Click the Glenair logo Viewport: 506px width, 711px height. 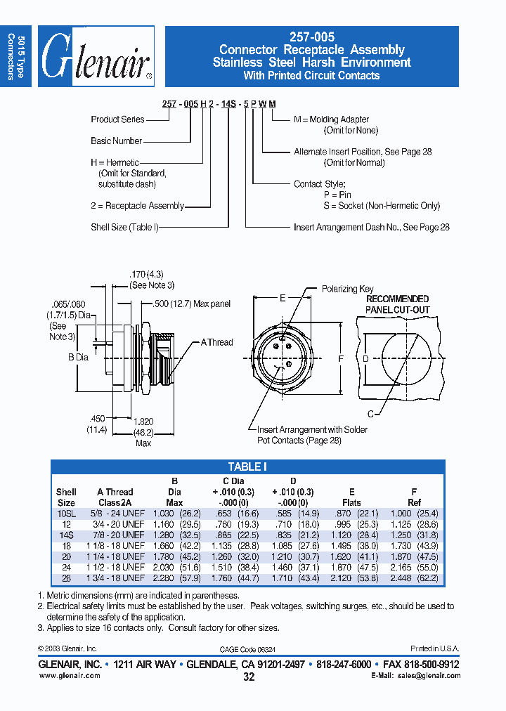pyautogui.click(x=96, y=56)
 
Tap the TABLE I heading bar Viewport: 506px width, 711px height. pyautogui.click(x=247, y=467)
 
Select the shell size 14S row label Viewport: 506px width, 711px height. pyautogui.click(x=66, y=535)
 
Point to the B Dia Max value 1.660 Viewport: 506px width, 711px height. pyautogui.click(x=165, y=545)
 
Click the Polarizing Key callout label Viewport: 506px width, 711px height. pyautogui.click(x=347, y=289)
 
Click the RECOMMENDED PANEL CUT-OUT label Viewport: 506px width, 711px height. pyautogui.click(x=397, y=304)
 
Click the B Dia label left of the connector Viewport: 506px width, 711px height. pyautogui.click(x=78, y=357)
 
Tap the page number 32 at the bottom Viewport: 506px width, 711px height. pyautogui.click(x=248, y=677)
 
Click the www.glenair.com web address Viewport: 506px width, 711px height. pyautogui.click(x=70, y=675)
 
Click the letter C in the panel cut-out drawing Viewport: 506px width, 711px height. pyautogui.click(x=371, y=413)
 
